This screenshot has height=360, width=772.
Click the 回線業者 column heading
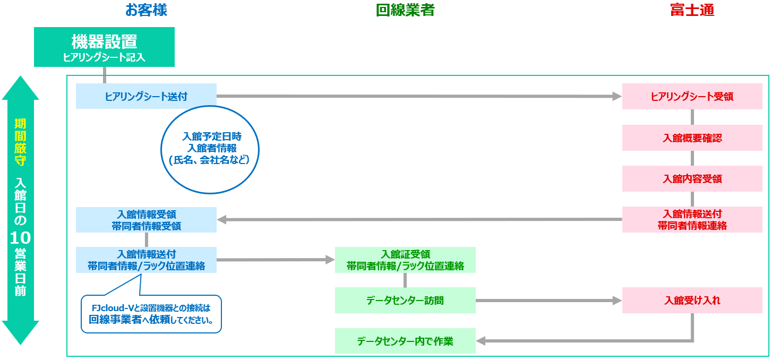(x=405, y=10)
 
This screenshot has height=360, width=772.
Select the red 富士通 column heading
(x=692, y=10)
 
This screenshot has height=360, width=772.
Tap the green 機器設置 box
(x=104, y=47)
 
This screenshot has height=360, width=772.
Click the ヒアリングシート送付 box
(x=146, y=96)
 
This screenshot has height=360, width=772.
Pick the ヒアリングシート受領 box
(x=692, y=97)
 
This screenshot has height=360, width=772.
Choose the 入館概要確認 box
(x=692, y=138)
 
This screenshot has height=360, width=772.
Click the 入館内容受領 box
(x=692, y=179)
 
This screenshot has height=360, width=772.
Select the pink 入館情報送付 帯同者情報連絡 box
(x=692, y=219)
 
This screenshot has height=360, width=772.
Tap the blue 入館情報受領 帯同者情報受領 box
(x=146, y=220)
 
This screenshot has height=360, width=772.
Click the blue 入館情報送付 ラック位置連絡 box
(x=146, y=260)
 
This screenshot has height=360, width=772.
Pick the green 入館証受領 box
(x=405, y=260)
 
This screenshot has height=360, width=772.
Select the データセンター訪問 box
(x=405, y=301)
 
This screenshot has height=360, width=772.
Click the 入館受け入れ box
(x=692, y=301)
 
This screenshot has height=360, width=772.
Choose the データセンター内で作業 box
(x=405, y=341)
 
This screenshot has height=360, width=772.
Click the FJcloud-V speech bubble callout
(x=151, y=314)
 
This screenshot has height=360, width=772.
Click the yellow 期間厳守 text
(x=20, y=142)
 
